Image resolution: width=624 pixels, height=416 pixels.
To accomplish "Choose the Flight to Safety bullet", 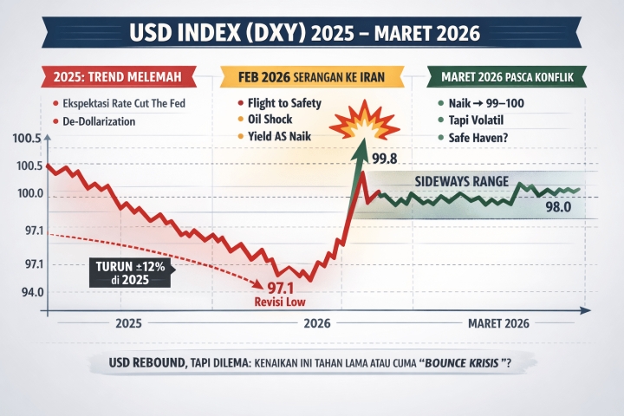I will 287,103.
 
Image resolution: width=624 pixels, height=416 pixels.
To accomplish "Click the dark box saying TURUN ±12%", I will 128,272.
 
